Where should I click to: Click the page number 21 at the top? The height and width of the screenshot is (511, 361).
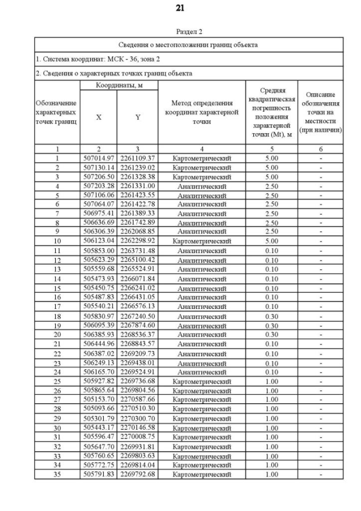180,8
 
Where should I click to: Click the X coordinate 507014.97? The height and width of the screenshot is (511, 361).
99,159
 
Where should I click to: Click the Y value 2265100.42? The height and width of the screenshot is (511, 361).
137,260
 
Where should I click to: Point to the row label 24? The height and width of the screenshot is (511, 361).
57,372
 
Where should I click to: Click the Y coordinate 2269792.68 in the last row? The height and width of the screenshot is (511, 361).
137,474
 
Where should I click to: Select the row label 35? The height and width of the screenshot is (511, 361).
57,474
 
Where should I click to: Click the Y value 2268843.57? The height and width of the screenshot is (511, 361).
137,344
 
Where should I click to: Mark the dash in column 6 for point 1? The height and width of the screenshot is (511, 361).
320,159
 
